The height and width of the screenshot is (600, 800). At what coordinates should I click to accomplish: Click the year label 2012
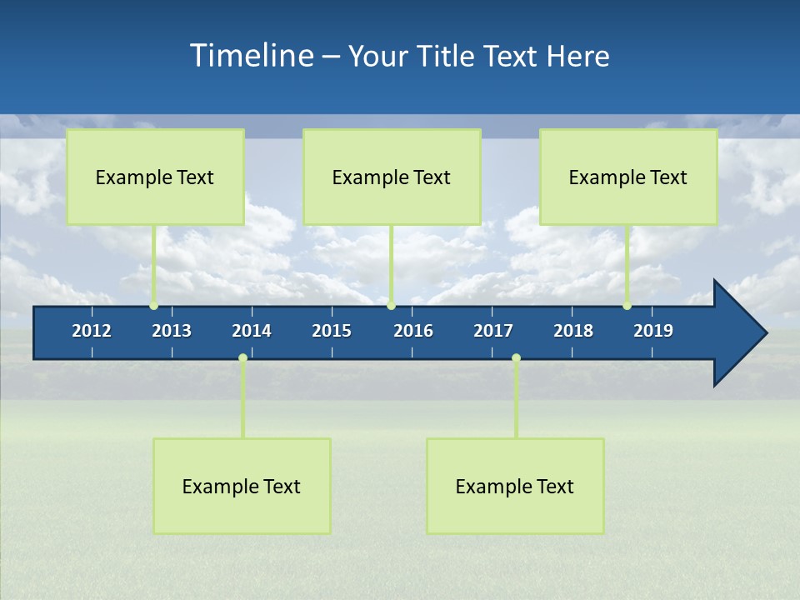click(92, 331)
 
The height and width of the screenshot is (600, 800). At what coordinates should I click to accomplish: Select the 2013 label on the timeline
click(172, 331)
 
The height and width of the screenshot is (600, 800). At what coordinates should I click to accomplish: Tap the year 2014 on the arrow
click(252, 331)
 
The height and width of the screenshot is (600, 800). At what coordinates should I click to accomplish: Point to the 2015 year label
click(332, 331)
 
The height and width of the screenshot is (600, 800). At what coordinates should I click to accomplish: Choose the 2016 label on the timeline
click(413, 331)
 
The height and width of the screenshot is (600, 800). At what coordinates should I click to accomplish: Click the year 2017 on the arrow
click(493, 331)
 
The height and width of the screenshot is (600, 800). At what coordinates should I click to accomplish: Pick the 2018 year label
click(573, 331)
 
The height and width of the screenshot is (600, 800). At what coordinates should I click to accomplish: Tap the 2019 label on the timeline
click(653, 331)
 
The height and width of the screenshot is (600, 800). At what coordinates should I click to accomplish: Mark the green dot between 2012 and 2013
click(153, 306)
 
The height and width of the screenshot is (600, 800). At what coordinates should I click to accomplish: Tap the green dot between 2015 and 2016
click(391, 306)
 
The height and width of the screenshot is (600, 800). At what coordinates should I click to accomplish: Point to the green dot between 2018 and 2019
click(627, 306)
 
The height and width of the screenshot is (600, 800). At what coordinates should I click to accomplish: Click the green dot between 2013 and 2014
click(242, 358)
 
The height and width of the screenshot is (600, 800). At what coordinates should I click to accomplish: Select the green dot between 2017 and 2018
click(516, 358)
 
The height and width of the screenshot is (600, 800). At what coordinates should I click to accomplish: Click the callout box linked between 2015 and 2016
click(392, 177)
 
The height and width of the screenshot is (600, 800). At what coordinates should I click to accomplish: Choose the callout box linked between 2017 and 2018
click(515, 486)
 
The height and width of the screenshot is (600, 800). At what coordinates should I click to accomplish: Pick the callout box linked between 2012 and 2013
click(155, 177)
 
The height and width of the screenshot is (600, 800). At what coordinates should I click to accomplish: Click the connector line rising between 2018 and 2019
click(627, 265)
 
